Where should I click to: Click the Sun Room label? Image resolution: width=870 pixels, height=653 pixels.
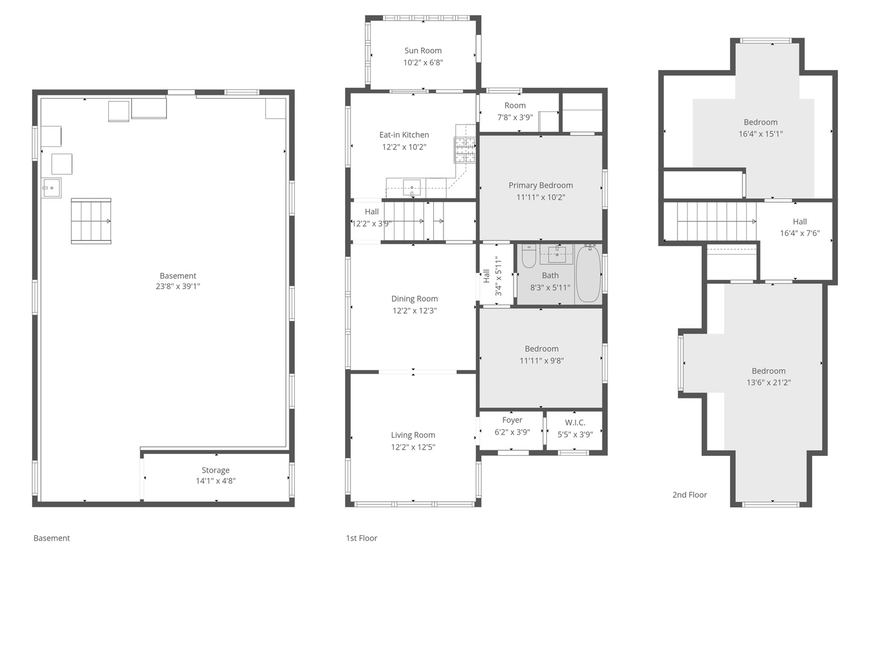[x=423, y=51]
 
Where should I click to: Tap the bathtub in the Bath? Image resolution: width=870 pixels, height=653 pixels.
[x=588, y=274]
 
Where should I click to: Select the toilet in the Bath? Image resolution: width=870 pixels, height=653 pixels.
[x=529, y=256]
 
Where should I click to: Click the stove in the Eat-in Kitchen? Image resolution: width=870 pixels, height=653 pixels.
[x=465, y=150]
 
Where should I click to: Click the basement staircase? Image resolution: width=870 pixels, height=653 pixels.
[x=91, y=221]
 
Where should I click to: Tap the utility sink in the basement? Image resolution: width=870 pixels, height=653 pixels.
[x=51, y=188]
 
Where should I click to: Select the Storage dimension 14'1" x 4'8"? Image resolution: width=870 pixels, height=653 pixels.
[x=216, y=481]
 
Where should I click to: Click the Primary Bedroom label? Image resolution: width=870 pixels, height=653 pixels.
[x=541, y=186]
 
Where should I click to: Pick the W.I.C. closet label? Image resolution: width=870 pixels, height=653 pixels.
[x=575, y=423]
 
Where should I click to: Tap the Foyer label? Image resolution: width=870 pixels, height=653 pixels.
[x=512, y=420]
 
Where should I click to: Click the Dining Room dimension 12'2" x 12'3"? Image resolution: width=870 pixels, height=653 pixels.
[x=414, y=311]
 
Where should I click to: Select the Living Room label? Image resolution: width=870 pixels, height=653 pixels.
[x=413, y=435]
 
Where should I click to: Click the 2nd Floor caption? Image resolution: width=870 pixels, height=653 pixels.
[x=689, y=495]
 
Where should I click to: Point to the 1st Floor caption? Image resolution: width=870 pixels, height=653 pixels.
[x=361, y=538]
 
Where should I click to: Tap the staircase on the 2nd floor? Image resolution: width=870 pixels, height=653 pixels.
[x=716, y=221]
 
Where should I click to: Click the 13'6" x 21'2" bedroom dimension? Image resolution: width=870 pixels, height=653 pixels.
[x=768, y=383]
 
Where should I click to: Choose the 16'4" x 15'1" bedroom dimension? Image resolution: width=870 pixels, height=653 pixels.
[x=761, y=134]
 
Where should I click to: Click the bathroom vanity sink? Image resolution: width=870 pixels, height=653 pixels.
[x=556, y=255]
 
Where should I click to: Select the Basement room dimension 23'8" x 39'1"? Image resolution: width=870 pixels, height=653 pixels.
[x=178, y=287]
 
